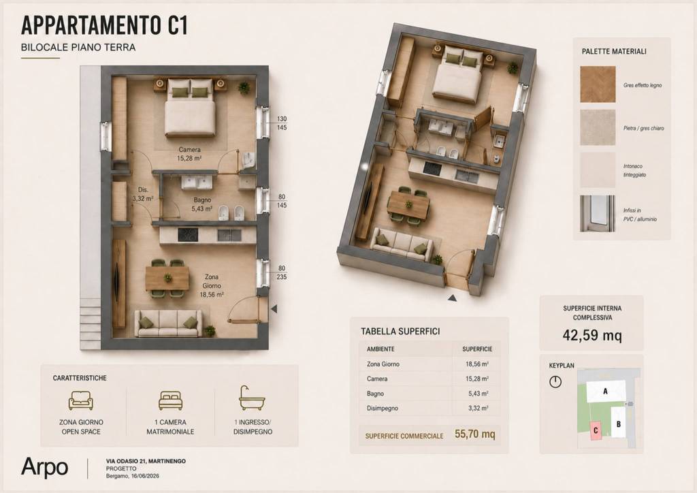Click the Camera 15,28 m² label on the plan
point(190,154)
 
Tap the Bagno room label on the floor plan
point(201,204)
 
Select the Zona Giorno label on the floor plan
point(212,285)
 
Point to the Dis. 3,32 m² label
point(143,194)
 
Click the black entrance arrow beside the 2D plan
point(274,308)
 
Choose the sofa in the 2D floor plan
point(167,323)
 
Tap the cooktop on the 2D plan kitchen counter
point(188,235)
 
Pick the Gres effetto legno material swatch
point(598,84)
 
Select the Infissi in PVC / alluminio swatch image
point(598,213)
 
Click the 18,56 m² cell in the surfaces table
point(477,364)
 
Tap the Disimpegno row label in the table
point(383,408)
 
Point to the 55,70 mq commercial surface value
point(474,434)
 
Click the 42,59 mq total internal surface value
point(592,335)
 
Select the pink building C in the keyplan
point(596,430)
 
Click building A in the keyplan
point(605,391)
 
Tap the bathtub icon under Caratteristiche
point(252,398)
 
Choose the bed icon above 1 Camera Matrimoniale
point(171,400)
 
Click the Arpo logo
point(44,468)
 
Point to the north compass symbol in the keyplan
point(555,381)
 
